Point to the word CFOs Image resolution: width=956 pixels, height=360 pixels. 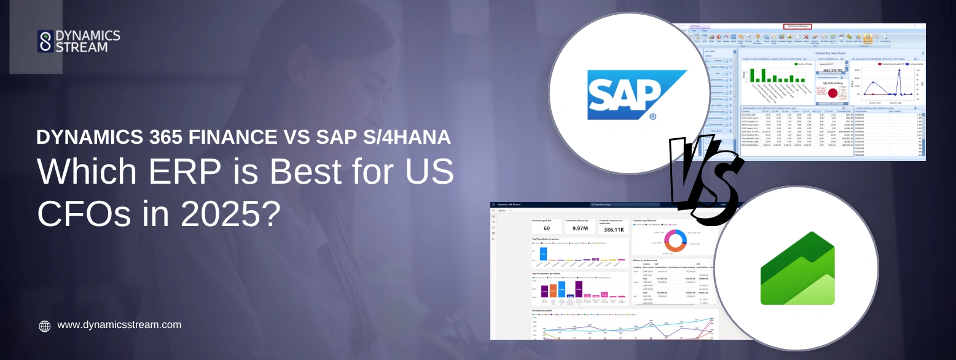[79, 213]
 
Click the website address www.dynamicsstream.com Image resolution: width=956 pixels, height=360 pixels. [119, 325]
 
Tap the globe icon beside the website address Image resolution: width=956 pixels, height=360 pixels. [45, 326]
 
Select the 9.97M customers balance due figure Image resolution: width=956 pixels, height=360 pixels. [581, 229]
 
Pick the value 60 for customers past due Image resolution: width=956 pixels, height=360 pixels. [546, 229]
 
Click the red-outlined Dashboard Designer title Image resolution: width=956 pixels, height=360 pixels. [797, 26]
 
